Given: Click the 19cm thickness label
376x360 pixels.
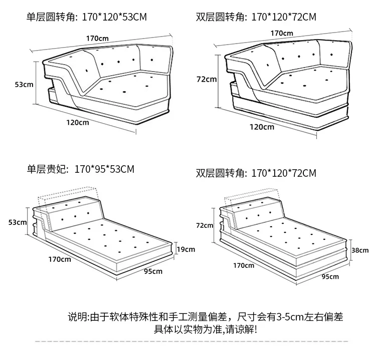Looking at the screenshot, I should click(x=185, y=249).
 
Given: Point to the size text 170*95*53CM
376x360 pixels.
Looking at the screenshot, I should click(x=104, y=169).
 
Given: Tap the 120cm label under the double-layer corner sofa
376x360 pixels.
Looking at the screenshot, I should click(x=262, y=127).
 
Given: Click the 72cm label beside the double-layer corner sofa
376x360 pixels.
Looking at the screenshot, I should click(x=207, y=79).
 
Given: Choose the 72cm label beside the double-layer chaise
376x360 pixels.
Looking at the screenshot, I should click(x=205, y=225).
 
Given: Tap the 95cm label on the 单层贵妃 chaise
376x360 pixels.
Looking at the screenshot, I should click(x=153, y=271).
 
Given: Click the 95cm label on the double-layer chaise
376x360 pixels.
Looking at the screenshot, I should click(x=329, y=276).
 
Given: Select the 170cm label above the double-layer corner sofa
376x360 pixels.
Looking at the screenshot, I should click(x=282, y=33).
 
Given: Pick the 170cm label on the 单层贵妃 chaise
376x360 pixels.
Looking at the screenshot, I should click(x=60, y=259).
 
